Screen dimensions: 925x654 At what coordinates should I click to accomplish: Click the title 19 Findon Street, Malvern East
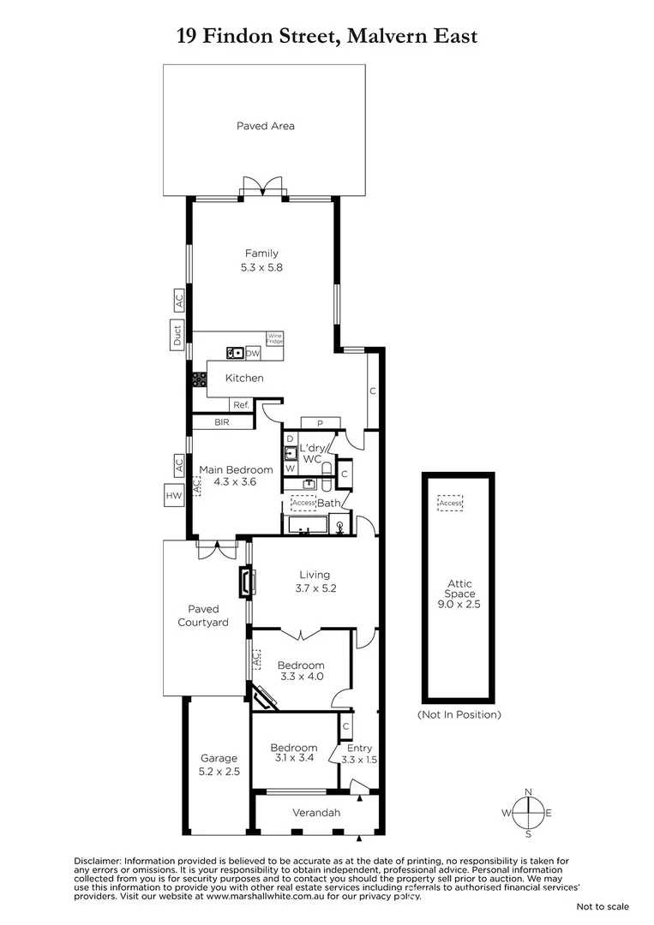pyautogui.click(x=327, y=35)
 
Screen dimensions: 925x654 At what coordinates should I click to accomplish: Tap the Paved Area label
pyautogui.click(x=265, y=126)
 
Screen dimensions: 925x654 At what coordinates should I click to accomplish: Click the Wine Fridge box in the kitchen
pyautogui.click(x=274, y=338)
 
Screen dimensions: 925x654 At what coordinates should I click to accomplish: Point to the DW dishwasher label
pyautogui.click(x=253, y=353)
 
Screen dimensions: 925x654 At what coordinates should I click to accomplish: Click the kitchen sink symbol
pyautogui.click(x=234, y=352)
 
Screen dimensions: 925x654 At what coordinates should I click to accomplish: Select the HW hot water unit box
pyautogui.click(x=174, y=494)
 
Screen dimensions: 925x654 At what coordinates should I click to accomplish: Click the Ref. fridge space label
pyautogui.click(x=241, y=405)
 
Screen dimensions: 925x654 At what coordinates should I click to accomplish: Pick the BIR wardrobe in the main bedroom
pyautogui.click(x=222, y=421)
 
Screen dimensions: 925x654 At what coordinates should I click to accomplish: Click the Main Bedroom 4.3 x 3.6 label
pyautogui.click(x=236, y=475)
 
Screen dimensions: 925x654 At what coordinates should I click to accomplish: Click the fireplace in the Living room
pyautogui.click(x=245, y=582)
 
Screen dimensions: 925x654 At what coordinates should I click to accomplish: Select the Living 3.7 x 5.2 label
pyautogui.click(x=314, y=582)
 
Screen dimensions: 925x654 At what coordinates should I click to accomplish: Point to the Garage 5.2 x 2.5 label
pyautogui.click(x=219, y=764)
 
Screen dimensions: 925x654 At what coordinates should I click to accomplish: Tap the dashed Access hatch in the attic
pyautogui.click(x=449, y=503)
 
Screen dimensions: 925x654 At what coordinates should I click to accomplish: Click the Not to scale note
pyautogui.click(x=602, y=906)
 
